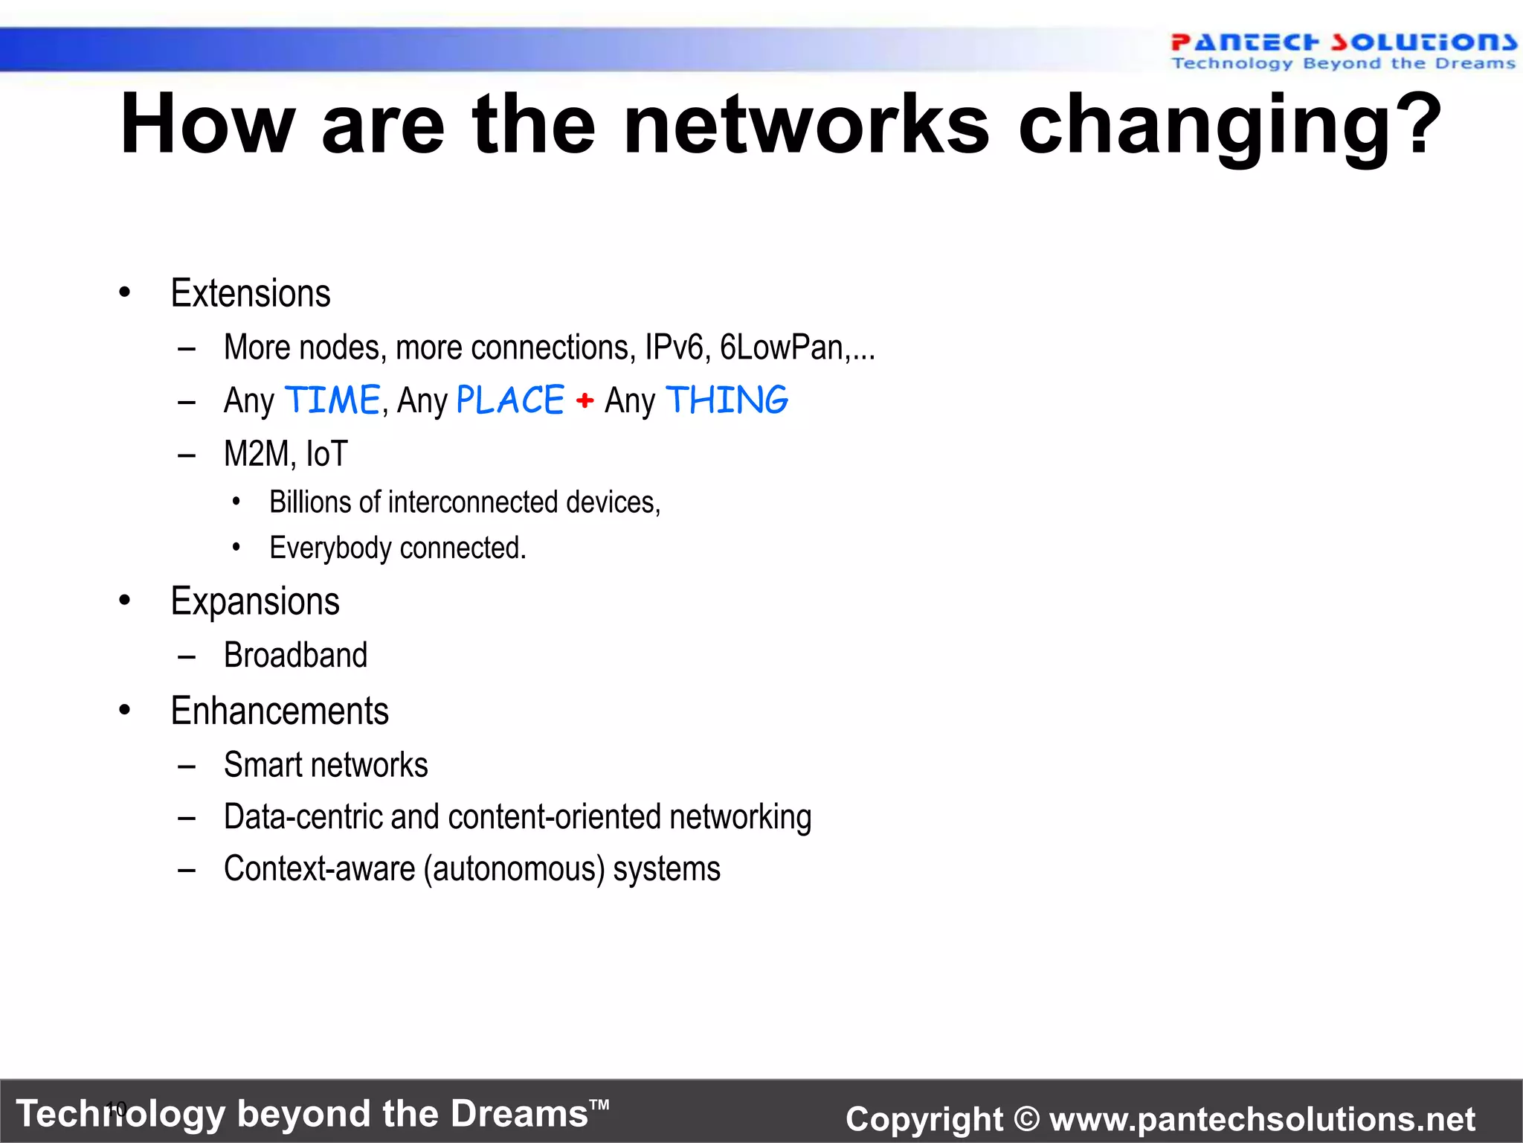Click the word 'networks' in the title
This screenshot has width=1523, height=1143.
click(807, 125)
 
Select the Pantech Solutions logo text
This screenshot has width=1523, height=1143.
click(1343, 42)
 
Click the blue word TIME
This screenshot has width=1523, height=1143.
click(332, 400)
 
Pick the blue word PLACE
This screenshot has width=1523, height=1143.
click(510, 400)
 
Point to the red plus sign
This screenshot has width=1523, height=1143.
click(585, 401)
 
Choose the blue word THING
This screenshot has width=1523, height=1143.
click(727, 400)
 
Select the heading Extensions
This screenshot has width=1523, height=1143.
click(251, 293)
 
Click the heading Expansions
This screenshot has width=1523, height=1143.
click(255, 601)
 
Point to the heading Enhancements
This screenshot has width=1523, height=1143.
click(280, 711)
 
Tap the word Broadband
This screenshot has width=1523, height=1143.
click(295, 656)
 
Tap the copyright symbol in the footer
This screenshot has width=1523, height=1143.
click(1026, 1119)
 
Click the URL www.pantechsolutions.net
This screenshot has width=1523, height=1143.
click(1262, 1119)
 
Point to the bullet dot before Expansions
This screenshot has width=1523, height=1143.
click(124, 601)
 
